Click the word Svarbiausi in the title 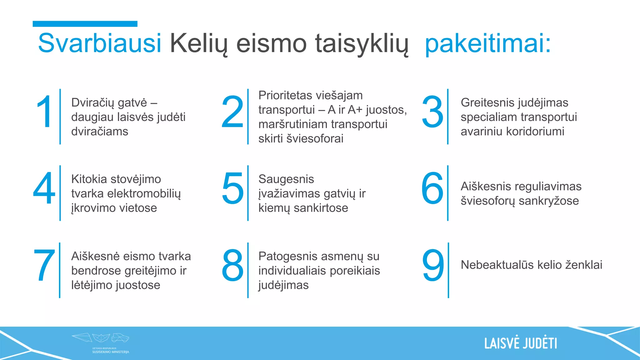99,43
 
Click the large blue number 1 44,112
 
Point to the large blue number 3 432,112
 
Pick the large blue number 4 44,188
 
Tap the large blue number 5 233,188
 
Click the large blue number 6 432,188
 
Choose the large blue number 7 44,265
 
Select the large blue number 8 232,265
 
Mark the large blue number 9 433,265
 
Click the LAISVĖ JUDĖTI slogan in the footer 521,343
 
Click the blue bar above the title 85,24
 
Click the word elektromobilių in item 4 144,194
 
